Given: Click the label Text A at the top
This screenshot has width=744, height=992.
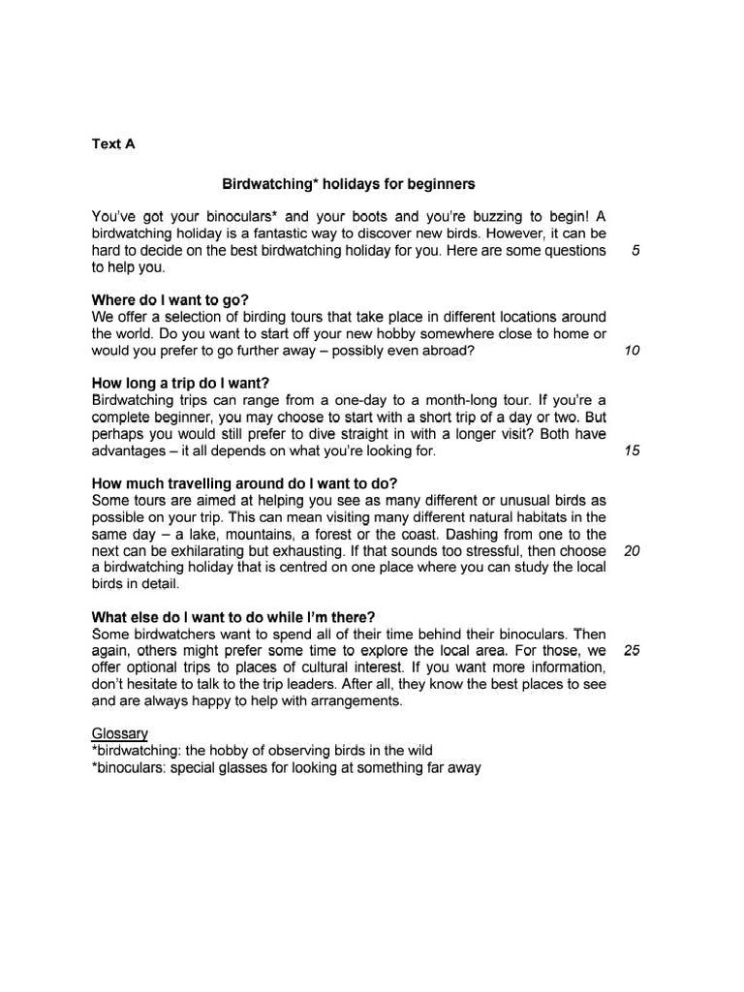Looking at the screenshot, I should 113,143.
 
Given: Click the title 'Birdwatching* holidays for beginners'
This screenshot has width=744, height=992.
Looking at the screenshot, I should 349,183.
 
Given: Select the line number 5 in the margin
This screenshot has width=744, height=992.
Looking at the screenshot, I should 635,251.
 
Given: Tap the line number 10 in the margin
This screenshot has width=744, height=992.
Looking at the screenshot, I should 632,351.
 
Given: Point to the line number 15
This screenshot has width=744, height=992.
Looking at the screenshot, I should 632,450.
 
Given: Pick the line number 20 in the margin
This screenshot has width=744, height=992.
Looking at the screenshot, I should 632,550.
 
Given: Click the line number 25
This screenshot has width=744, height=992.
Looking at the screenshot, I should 632,650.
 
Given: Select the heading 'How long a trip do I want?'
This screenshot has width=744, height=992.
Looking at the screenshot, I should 180,383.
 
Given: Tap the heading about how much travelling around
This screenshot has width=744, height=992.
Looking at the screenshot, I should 244,483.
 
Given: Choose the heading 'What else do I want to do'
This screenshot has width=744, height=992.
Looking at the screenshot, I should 233,617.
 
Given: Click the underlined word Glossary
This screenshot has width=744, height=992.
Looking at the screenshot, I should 119,734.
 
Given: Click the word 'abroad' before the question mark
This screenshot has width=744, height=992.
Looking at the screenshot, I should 445,351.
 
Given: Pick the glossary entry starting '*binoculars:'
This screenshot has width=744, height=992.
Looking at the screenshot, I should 286,767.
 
